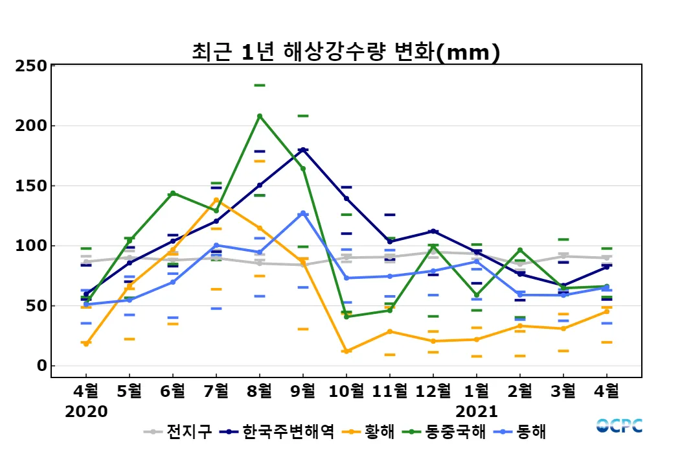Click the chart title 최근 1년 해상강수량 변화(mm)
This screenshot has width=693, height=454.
[346, 52]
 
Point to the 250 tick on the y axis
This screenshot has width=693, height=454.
[31, 66]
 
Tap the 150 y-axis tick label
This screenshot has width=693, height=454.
[31, 186]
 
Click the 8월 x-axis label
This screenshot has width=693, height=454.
[259, 391]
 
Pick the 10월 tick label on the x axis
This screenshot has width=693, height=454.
[346, 391]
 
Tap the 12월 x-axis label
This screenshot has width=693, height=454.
[433, 391]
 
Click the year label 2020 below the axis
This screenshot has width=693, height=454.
[86, 411]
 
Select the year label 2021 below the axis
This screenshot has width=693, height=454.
[477, 411]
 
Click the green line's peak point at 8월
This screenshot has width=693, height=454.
[260, 116]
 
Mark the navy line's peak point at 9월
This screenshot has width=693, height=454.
[302, 150]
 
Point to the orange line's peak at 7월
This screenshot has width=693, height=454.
[216, 200]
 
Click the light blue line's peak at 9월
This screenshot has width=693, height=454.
[302, 213]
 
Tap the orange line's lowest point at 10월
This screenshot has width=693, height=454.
[346, 352]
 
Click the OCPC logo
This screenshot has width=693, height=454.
[619, 425]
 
